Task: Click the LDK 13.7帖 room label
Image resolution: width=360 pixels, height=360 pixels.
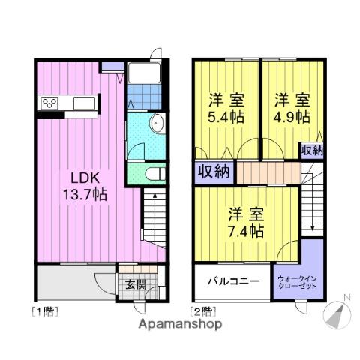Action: (x=88, y=186)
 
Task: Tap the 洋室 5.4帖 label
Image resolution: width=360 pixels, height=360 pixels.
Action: (x=226, y=107)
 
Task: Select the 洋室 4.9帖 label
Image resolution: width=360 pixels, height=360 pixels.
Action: (x=292, y=107)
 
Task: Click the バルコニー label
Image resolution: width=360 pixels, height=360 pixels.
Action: (x=232, y=283)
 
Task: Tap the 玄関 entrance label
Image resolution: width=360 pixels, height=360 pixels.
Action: (x=136, y=284)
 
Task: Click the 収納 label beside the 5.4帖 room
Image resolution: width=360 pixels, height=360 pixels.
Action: (x=214, y=172)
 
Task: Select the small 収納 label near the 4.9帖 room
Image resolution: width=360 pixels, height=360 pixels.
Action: (x=313, y=149)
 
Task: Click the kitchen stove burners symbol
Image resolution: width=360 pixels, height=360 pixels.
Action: (x=51, y=103)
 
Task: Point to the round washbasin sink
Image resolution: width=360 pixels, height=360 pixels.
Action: (x=156, y=125)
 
